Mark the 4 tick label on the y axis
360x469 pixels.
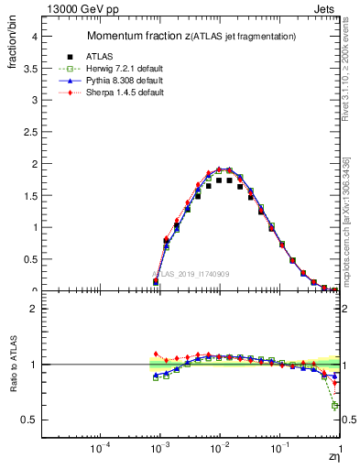[x=42, y=37]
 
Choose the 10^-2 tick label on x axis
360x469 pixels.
[x=220, y=448]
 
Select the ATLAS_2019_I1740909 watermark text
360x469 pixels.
[x=191, y=274]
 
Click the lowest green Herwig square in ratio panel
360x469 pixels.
[x=335, y=405]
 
